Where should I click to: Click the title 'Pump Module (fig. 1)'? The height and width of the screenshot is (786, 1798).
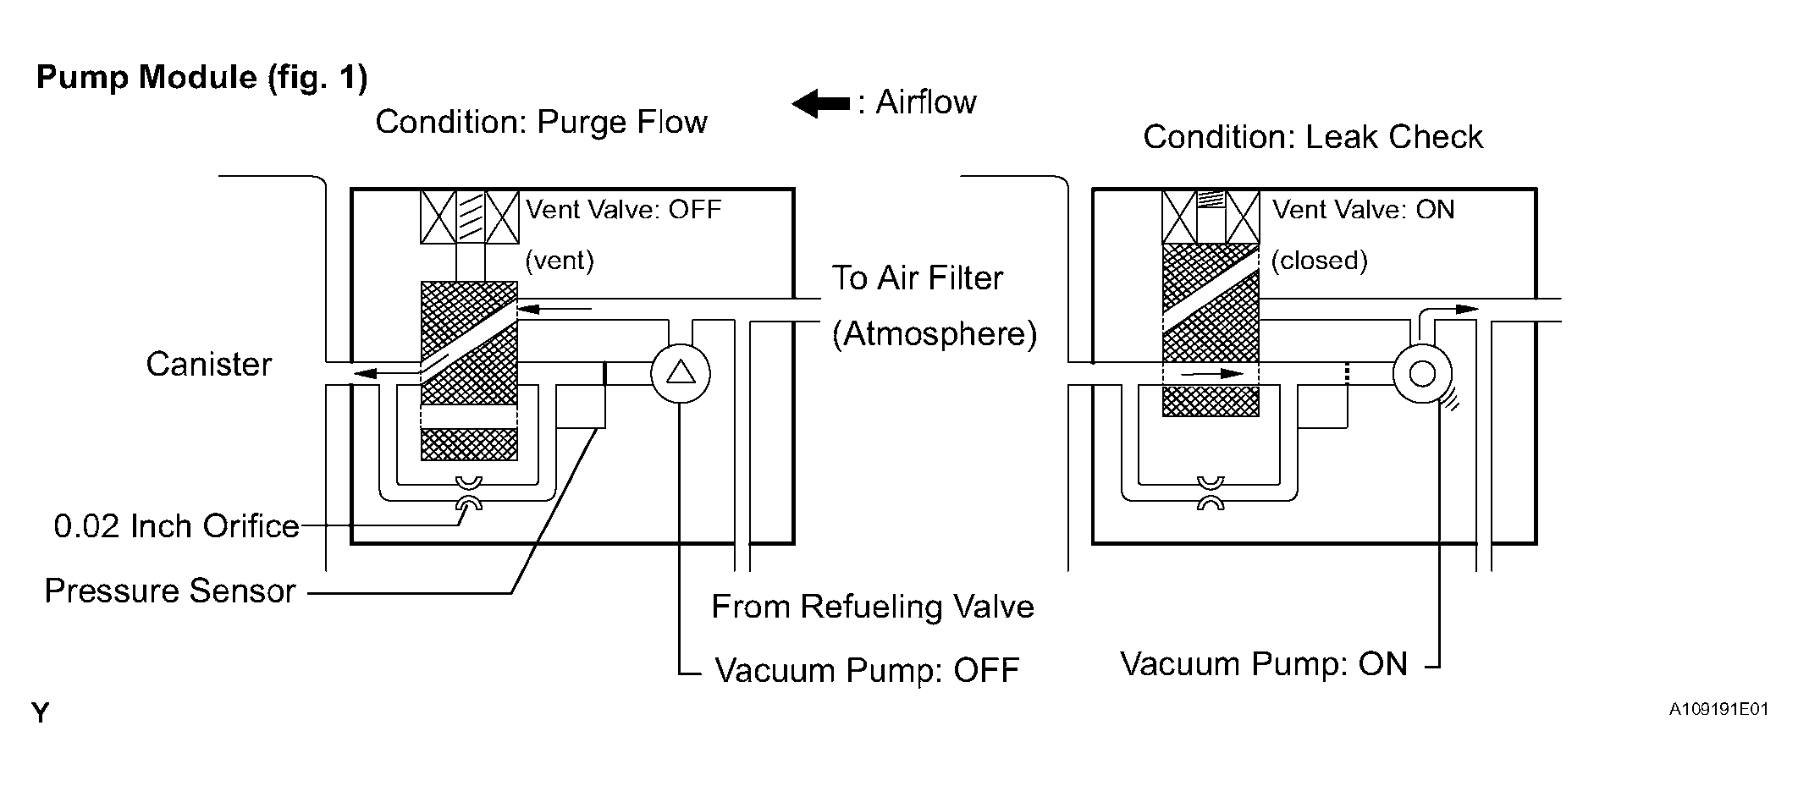click(202, 78)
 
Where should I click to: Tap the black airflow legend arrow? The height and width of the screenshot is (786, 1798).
click(821, 104)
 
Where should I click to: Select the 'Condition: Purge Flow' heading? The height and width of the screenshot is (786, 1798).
click(542, 122)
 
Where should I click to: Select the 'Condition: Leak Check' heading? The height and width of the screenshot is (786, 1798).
click(1313, 137)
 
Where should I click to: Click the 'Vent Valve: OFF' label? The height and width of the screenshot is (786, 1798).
click(624, 209)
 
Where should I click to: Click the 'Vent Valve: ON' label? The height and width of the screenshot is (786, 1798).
click(1364, 209)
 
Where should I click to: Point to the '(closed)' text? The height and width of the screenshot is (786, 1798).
click(1320, 261)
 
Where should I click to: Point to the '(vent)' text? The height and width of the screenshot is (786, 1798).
click(560, 261)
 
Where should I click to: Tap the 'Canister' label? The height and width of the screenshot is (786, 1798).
click(209, 365)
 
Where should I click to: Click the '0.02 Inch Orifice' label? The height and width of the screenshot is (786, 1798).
click(177, 526)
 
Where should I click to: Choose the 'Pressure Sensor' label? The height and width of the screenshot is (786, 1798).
click(170, 591)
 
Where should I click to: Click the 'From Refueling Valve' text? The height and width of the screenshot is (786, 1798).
click(873, 607)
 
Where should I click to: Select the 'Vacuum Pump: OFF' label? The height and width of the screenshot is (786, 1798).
click(868, 670)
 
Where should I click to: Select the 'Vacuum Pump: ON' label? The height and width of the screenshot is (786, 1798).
click(1265, 664)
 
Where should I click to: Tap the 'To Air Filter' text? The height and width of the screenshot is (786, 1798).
click(918, 278)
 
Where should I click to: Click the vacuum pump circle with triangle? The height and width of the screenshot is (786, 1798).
click(681, 373)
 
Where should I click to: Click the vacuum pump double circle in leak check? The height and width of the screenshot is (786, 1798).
click(1422, 373)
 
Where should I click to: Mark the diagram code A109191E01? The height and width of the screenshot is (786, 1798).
click(1718, 709)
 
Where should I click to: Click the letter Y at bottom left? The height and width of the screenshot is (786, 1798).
click(41, 713)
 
